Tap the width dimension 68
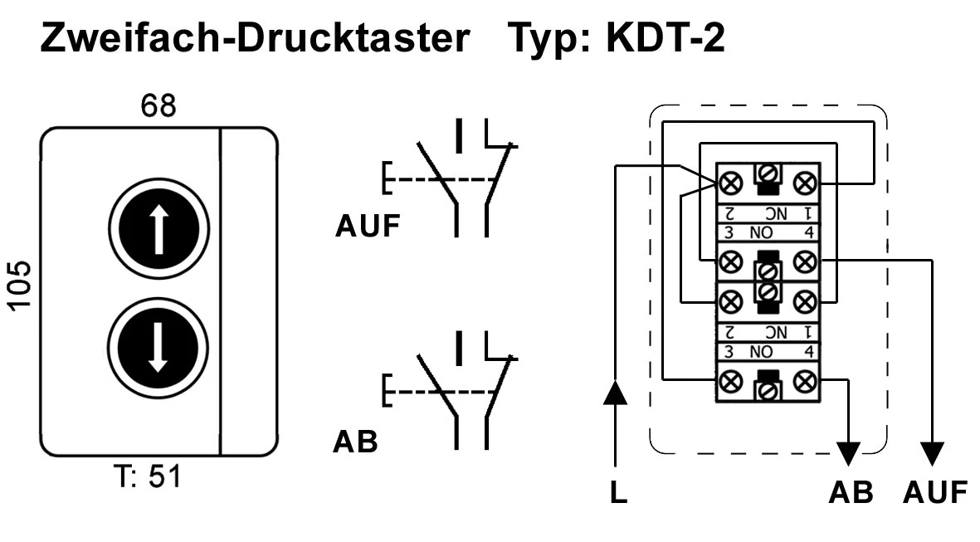[x=158, y=108]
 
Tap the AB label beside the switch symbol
[x=355, y=442]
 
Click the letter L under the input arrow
[x=618, y=493]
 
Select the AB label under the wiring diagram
[x=851, y=493]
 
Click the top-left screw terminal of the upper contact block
[x=731, y=182]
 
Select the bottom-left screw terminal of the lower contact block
[x=731, y=382]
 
